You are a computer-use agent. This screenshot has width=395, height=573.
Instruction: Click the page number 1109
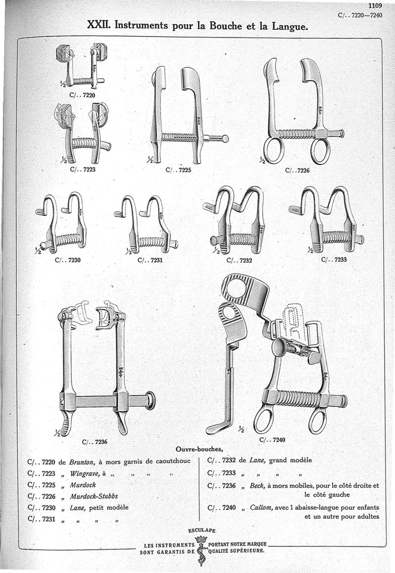(x=375, y=6)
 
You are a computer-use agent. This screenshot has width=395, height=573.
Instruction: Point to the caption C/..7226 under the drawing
(x=298, y=170)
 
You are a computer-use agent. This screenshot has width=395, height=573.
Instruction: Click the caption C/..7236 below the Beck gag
(x=95, y=442)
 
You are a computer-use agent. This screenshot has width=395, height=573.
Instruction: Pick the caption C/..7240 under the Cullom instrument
(x=272, y=439)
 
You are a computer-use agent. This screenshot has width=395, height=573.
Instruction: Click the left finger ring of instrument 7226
(x=273, y=151)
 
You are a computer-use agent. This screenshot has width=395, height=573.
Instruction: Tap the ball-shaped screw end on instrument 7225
(x=225, y=139)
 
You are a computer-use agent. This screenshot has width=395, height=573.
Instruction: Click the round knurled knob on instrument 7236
(x=150, y=400)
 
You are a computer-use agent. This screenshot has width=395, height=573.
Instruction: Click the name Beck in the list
(x=257, y=485)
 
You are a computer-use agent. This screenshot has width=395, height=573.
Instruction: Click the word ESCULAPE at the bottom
(x=202, y=531)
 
